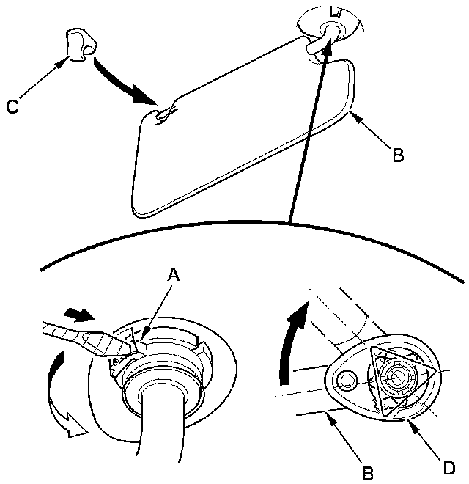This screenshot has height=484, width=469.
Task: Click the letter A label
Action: [173, 274]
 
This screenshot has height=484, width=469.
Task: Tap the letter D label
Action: [447, 467]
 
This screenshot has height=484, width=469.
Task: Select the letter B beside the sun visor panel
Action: [397, 155]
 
